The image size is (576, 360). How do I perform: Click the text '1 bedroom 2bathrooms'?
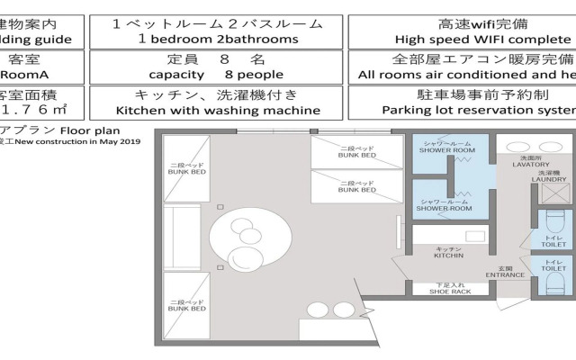coord(217,40)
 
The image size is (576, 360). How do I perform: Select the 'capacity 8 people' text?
coord(217,75)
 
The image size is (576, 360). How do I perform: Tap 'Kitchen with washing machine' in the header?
coord(217,110)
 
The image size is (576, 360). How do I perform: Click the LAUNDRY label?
coord(549,178)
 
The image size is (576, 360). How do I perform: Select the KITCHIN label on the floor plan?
coord(448,256)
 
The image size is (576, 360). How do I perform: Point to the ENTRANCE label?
coord(504,275)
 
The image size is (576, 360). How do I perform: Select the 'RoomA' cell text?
coord(18,75)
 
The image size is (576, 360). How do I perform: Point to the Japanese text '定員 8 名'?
coord(217,58)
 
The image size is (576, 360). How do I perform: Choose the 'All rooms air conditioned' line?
coord(465,75)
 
